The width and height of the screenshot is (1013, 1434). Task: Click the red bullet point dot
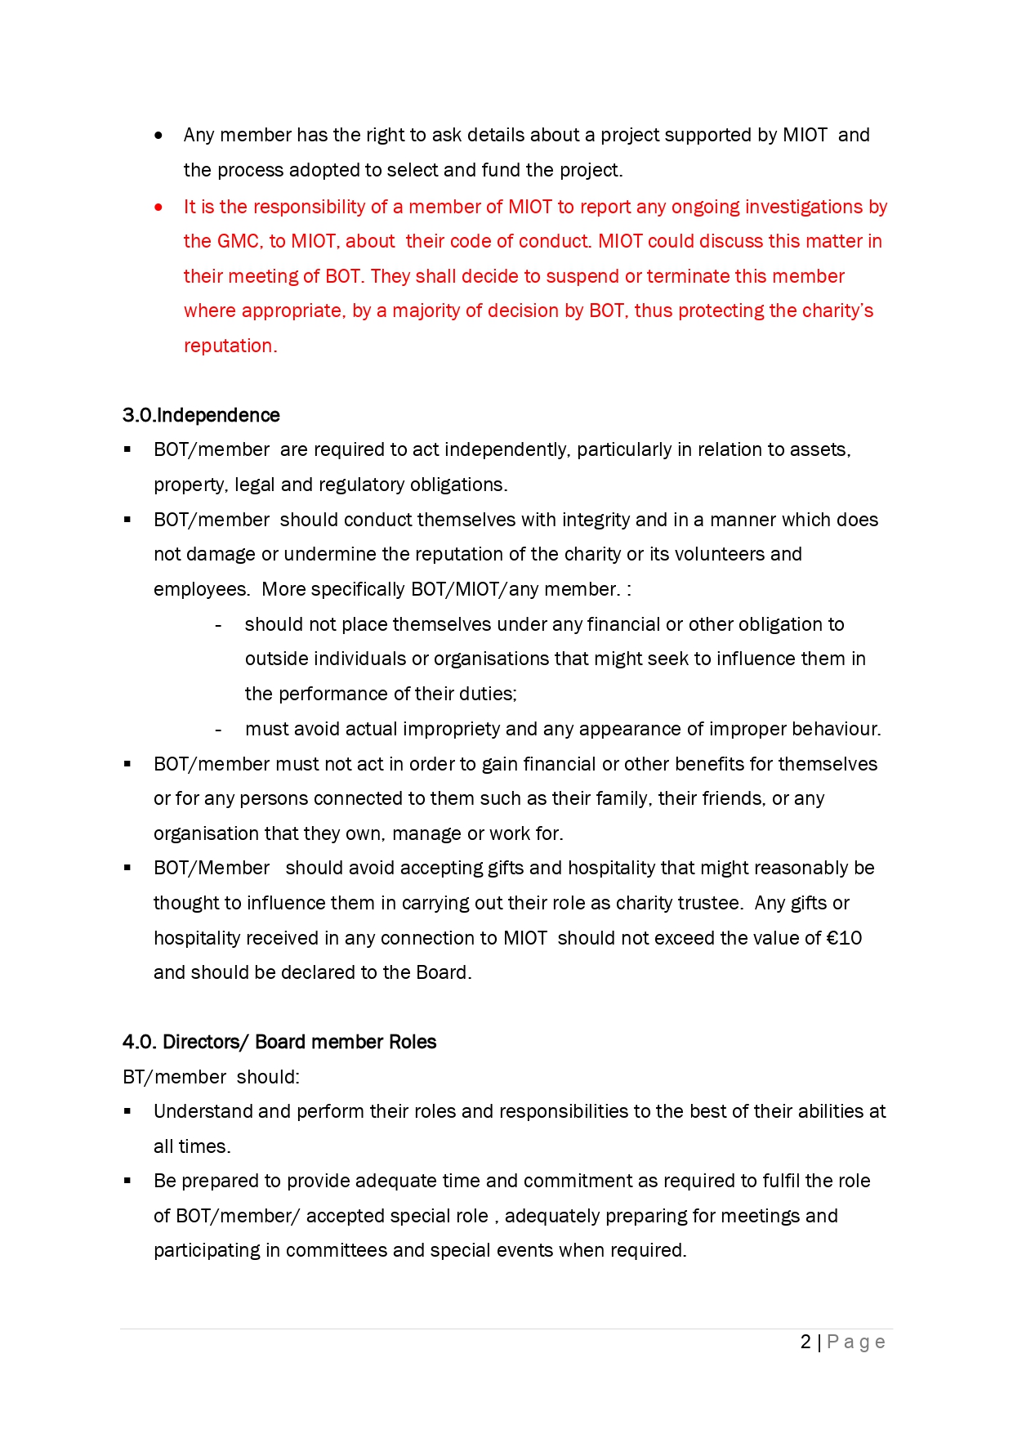coord(158,208)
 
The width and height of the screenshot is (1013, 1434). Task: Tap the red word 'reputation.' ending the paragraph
coord(230,346)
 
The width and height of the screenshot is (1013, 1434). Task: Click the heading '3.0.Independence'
coord(201,416)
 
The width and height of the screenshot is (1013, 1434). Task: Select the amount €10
coord(844,939)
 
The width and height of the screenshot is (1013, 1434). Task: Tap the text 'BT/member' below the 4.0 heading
coord(174,1078)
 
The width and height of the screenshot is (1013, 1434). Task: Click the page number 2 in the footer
coord(805,1342)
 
